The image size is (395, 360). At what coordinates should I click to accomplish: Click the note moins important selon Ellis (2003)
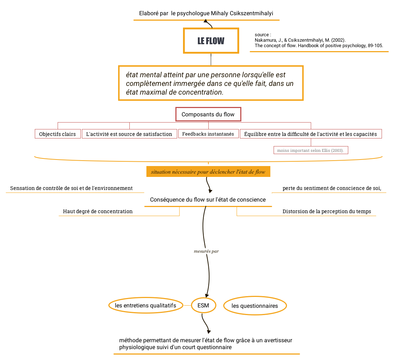tap(311, 150)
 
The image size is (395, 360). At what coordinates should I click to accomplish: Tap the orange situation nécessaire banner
tap(208, 172)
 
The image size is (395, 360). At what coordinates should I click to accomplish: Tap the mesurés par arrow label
tap(206, 251)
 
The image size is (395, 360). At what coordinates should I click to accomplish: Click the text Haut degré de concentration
tap(98, 211)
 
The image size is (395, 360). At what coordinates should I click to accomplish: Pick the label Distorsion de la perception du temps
tap(327, 211)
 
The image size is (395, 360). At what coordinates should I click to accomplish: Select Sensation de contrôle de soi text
tap(71, 188)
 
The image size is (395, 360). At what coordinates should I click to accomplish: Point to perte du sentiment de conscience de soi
tap(332, 188)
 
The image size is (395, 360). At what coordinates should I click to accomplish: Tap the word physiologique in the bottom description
tap(137, 347)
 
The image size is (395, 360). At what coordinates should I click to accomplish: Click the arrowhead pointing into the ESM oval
tap(207, 295)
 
